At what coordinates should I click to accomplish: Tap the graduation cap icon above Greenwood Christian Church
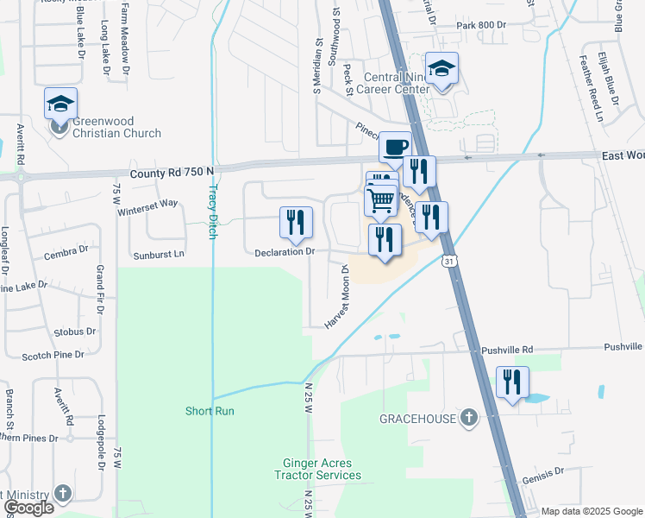tap(61, 104)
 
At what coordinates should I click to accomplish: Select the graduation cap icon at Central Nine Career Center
tap(441, 69)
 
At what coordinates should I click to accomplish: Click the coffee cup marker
tap(395, 147)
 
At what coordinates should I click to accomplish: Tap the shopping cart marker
tap(380, 200)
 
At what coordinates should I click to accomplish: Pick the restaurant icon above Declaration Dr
tap(296, 222)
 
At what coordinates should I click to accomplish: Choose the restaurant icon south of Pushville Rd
tap(513, 382)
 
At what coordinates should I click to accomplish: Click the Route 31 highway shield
tap(448, 260)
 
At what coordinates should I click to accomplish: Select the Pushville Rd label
tap(506, 350)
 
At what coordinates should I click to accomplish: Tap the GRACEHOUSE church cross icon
tap(468, 418)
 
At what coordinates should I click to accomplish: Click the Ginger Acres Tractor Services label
tap(318, 469)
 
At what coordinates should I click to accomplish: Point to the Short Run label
tap(210, 411)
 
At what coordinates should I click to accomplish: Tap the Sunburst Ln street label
tap(159, 255)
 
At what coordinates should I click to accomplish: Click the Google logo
tap(29, 508)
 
